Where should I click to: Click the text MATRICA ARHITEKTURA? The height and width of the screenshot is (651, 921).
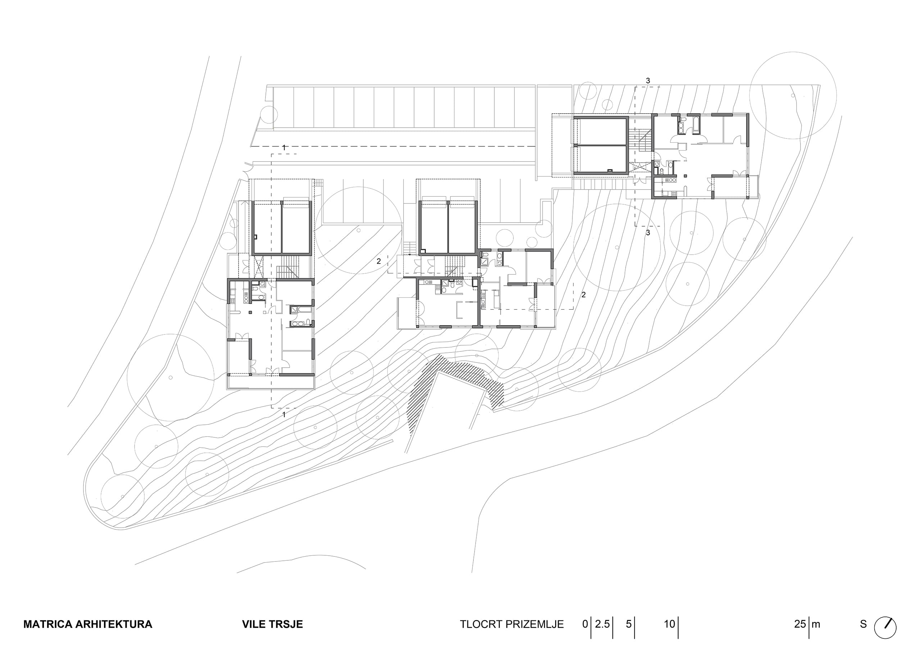88,624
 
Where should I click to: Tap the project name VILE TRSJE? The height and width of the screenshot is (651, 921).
272,624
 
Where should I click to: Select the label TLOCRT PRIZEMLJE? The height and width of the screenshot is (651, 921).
512,624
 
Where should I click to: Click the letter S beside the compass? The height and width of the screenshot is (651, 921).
863,624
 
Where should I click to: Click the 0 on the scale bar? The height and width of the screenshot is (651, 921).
585,624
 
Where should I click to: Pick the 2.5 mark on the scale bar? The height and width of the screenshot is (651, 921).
602,624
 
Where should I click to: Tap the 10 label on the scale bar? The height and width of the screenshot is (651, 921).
670,624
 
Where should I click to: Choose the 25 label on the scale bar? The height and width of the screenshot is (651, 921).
800,624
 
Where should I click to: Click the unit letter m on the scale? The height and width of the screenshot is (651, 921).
816,625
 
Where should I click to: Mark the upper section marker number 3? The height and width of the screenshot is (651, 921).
648,81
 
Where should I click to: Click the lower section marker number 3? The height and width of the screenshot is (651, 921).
648,233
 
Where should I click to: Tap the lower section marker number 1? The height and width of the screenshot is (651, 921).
284,414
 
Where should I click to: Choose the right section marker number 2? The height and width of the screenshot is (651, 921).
584,295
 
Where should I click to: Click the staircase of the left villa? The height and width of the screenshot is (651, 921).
289,267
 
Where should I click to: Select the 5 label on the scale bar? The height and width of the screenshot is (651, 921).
629,624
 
